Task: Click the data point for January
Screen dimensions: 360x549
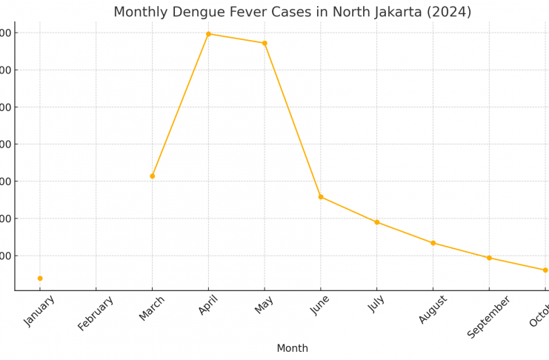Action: click(x=40, y=279)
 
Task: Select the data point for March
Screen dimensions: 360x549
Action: click(x=153, y=176)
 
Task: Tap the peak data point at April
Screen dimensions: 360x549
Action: click(x=208, y=34)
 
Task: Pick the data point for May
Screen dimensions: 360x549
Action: click(x=264, y=43)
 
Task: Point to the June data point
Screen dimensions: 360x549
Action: click(x=321, y=197)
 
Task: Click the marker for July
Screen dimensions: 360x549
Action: click(x=376, y=222)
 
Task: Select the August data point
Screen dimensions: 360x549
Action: click(x=433, y=243)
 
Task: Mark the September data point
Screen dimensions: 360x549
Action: click(x=489, y=258)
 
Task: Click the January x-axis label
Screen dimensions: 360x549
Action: click(x=40, y=310)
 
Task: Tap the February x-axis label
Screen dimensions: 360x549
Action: click(x=96, y=313)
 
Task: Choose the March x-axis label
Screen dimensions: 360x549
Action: click(x=152, y=308)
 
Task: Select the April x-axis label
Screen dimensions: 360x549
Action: click(x=208, y=305)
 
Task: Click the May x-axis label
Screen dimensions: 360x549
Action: click(x=264, y=304)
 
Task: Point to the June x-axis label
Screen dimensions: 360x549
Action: click(x=321, y=305)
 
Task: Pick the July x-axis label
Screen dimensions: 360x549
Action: click(x=376, y=304)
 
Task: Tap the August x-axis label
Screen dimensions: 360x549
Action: click(x=433, y=310)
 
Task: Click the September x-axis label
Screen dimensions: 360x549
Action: click(x=489, y=316)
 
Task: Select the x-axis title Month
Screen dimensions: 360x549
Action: click(x=292, y=348)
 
